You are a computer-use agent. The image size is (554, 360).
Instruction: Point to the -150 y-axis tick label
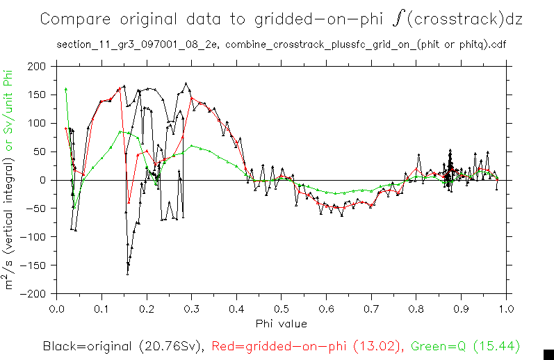35,265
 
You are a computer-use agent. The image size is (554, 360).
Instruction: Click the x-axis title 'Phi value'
281,323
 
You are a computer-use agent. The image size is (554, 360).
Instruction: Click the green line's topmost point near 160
65,89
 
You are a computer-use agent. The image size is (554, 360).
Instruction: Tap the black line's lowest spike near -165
128,274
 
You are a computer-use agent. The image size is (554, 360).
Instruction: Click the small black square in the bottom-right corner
548,354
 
